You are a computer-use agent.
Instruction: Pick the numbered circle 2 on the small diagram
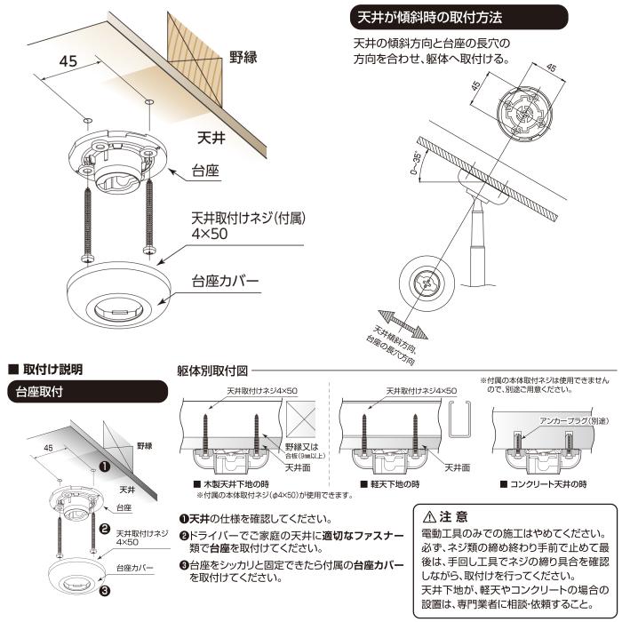click(104, 536)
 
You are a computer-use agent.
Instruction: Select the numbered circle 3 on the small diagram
click(104, 587)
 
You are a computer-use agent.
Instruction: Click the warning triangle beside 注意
click(429, 516)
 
